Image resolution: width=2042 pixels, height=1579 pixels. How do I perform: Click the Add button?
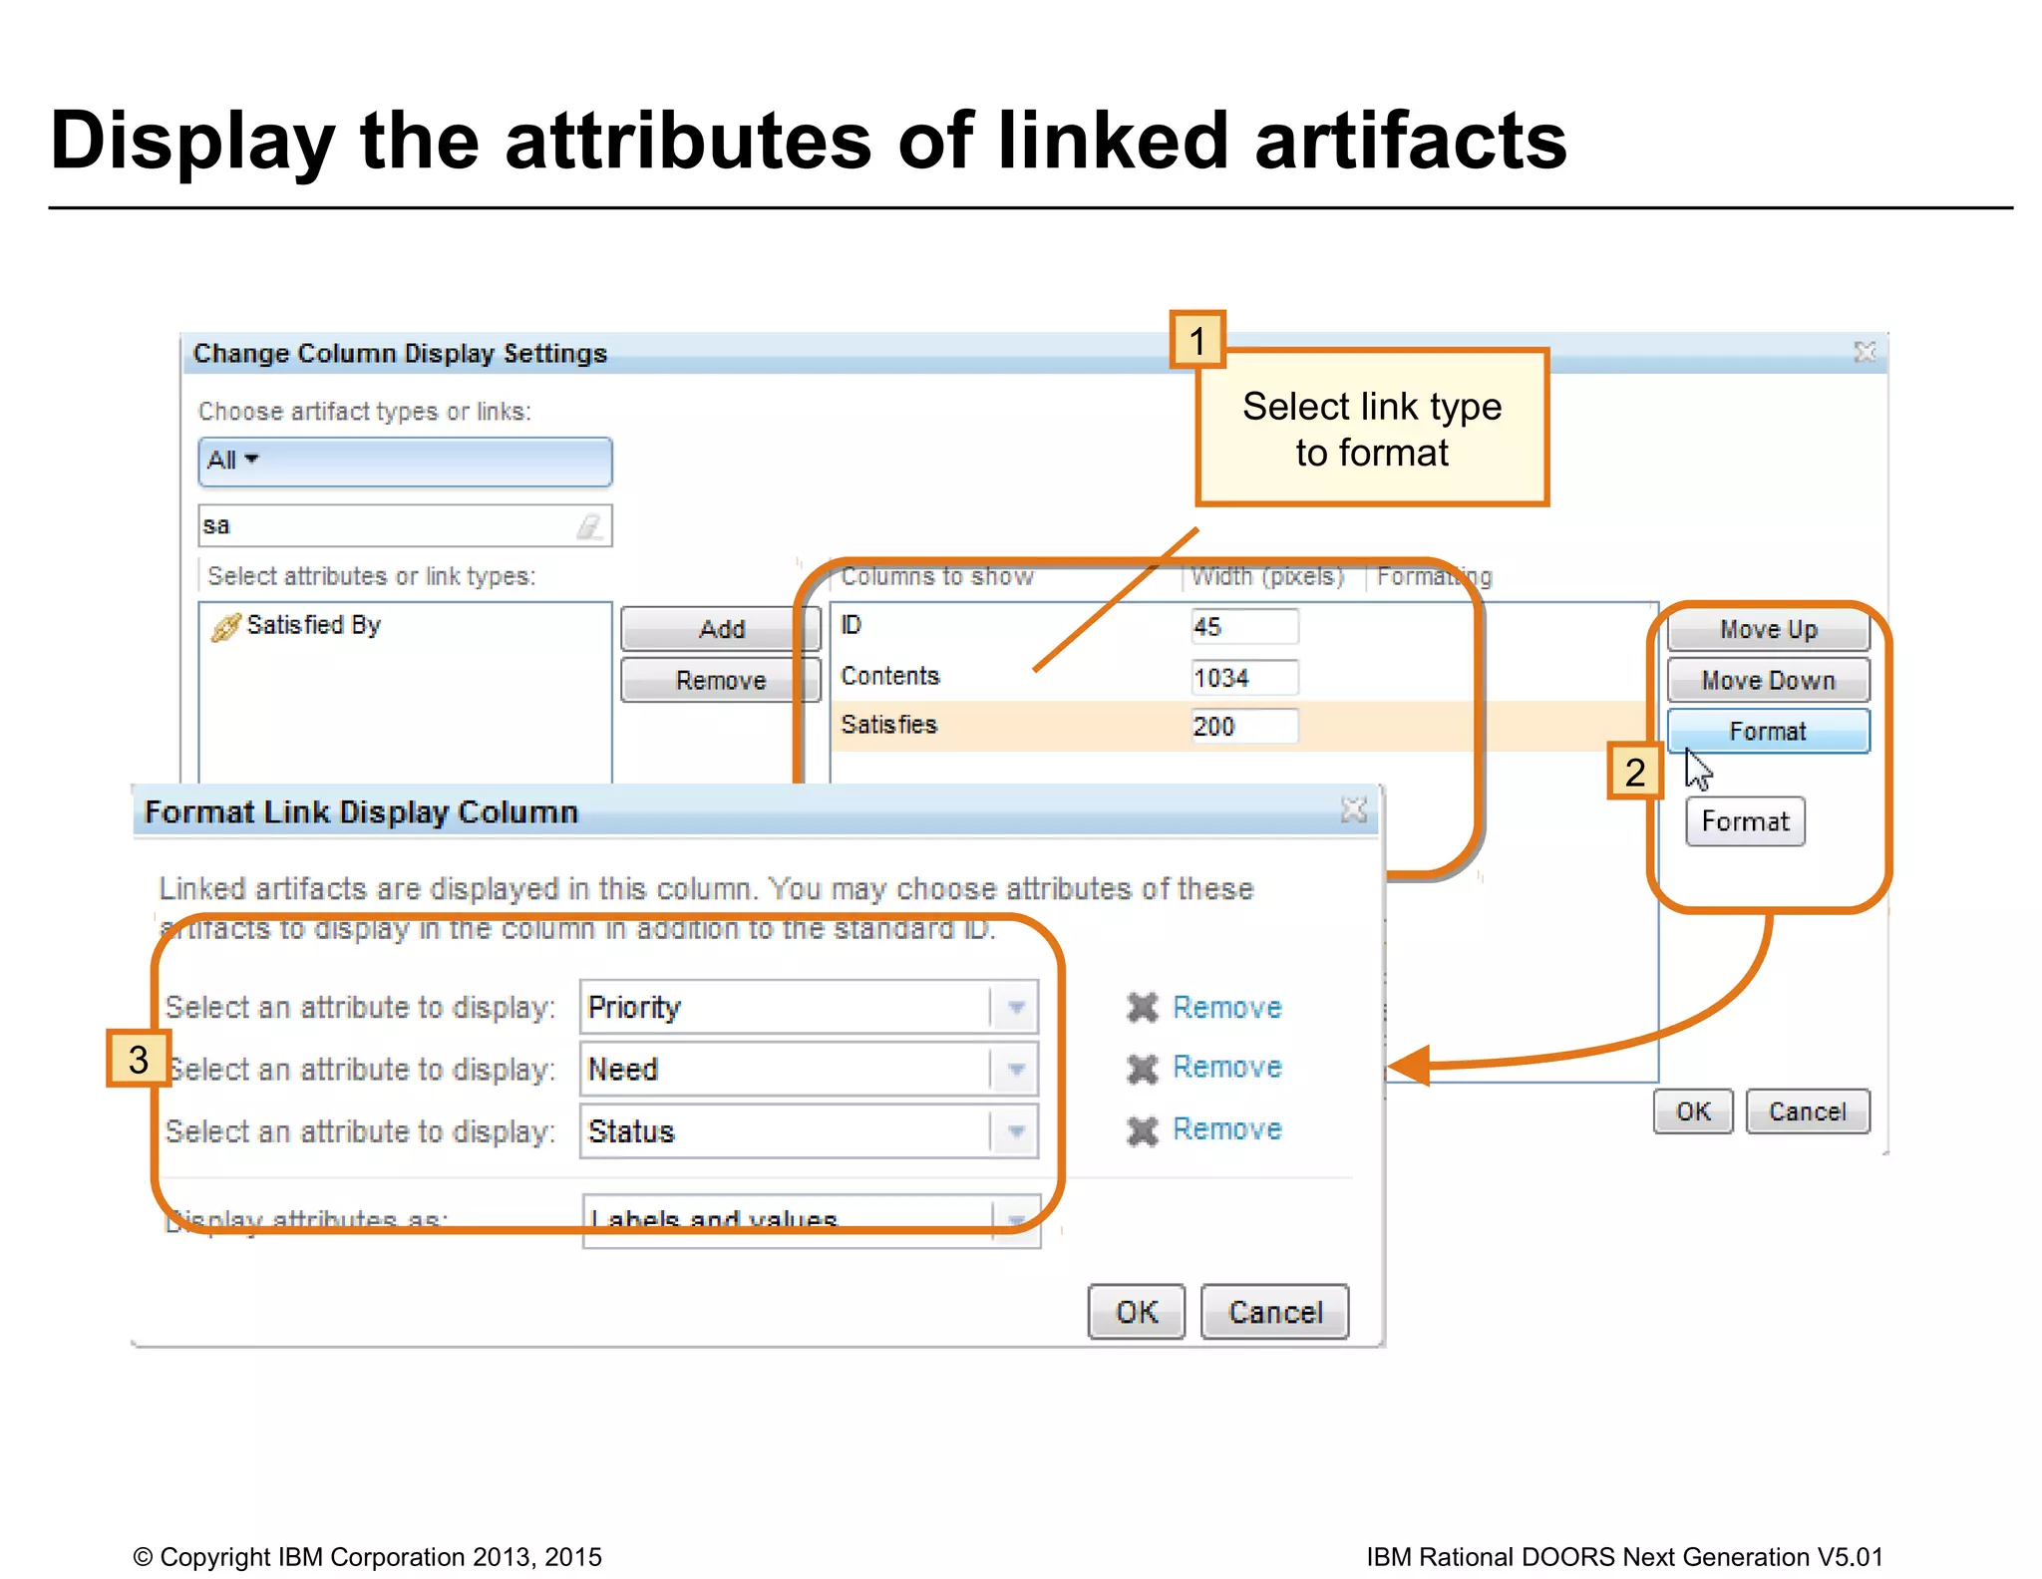[x=720, y=629]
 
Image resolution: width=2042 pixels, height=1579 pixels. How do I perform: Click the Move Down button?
[x=1767, y=681]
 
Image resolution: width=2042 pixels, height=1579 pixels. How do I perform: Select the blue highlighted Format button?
[x=1767, y=732]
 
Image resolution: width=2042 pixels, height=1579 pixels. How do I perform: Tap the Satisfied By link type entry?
[x=312, y=625]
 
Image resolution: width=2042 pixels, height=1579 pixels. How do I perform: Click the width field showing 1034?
[x=1243, y=678]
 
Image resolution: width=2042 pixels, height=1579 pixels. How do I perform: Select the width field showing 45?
[x=1243, y=627]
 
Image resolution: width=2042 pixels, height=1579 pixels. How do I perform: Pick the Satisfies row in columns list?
[x=889, y=725]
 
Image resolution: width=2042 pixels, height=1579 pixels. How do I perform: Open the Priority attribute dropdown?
[x=1015, y=1008]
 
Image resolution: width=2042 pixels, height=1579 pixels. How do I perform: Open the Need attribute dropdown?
[x=1015, y=1070]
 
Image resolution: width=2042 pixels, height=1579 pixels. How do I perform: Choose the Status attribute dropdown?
[x=1015, y=1131]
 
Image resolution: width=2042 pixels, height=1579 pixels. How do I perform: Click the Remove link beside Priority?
[x=1225, y=1008]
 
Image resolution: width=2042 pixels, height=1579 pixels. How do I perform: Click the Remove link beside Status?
[x=1225, y=1129]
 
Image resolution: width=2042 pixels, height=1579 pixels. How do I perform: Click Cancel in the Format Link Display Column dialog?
[x=1274, y=1312]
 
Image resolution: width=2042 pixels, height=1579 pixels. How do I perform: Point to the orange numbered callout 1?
[x=1197, y=341]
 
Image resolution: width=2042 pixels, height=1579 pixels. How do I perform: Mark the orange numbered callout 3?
[x=139, y=1059]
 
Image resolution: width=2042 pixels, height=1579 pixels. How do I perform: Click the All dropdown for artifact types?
[x=404, y=462]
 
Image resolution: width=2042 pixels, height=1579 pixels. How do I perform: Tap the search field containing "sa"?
[x=389, y=525]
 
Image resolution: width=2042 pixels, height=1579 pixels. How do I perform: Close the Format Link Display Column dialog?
[x=1353, y=810]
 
